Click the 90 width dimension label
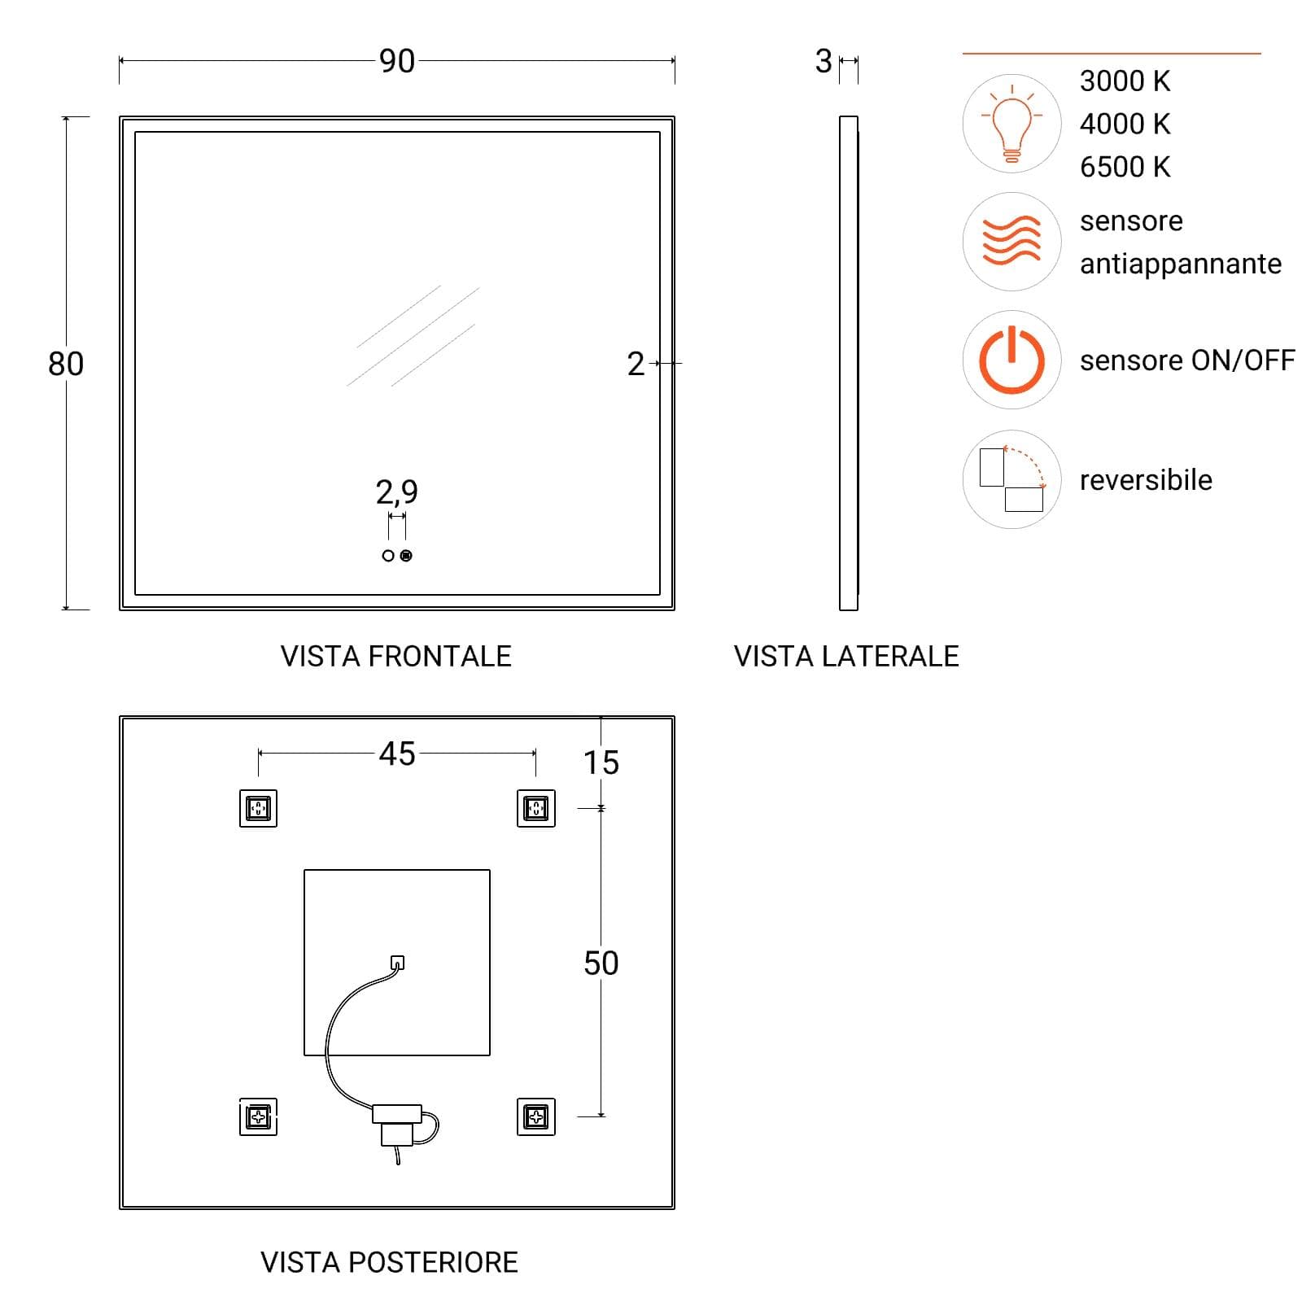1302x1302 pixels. coord(397,61)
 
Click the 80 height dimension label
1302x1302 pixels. coord(66,364)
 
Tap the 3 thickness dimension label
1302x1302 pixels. coord(824,61)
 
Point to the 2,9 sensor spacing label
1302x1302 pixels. coord(397,492)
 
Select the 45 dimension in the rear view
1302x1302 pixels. coord(397,754)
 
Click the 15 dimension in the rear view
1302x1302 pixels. coord(601,762)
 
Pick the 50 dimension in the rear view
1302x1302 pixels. coord(601,963)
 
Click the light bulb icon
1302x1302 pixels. coord(1011,124)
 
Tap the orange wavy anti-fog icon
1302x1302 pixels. coord(1011,242)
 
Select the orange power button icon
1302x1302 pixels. coord(1011,360)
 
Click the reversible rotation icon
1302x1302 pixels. coord(1012,479)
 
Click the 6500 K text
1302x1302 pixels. coord(1125,167)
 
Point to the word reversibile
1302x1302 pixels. coord(1146,480)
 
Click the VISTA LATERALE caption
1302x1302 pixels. coord(846,656)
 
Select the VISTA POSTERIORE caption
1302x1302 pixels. coord(389,1262)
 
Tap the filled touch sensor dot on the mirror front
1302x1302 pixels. coord(406,556)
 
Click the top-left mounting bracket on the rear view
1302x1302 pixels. coord(258,808)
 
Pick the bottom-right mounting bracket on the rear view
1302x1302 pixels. coord(536,1116)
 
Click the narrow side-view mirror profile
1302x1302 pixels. coord(849,363)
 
